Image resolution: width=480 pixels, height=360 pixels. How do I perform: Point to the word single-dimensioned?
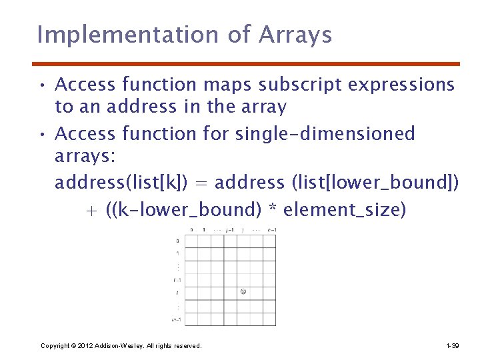point(325,133)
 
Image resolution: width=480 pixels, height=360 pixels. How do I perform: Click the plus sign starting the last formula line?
point(91,211)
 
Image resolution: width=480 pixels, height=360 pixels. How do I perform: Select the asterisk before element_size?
point(272,211)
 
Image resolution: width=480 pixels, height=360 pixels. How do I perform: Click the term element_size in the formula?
point(344,211)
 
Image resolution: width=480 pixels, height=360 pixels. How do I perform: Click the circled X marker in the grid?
point(243,292)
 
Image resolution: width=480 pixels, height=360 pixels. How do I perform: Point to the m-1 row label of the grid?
point(177,319)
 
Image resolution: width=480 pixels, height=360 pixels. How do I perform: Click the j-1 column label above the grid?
point(230,230)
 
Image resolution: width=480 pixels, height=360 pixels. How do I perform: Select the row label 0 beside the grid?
point(177,241)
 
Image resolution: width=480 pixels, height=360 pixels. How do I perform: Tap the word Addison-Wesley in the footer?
point(117,346)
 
